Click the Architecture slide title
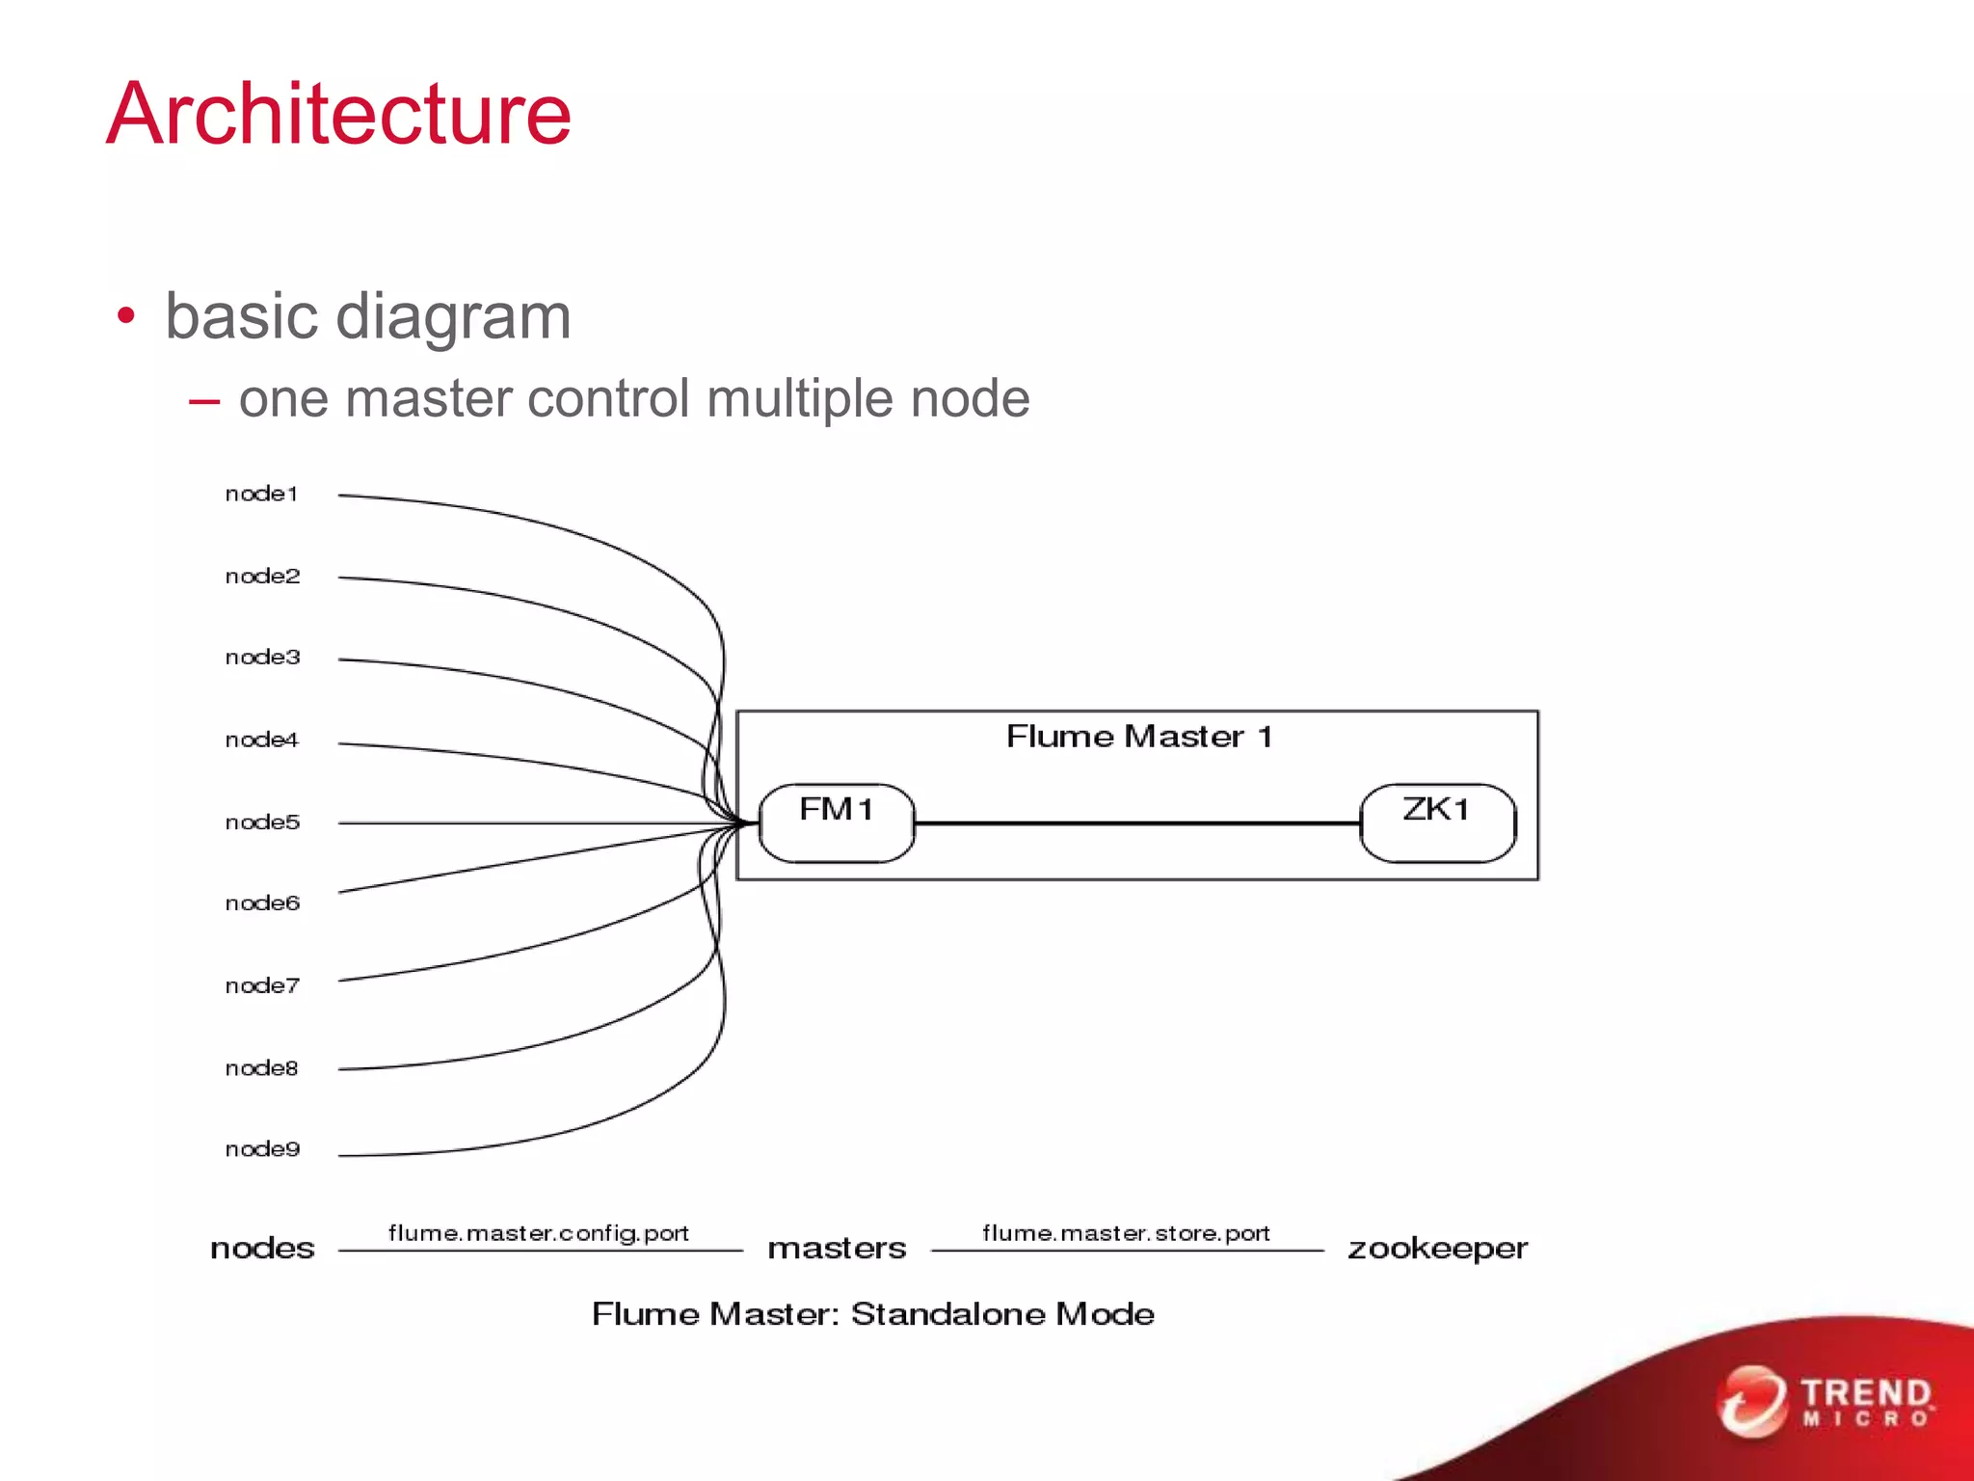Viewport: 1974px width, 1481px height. coord(338,115)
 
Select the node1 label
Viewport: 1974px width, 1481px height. coord(261,494)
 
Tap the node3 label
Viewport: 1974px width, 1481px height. coord(262,658)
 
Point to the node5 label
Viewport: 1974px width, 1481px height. coord(262,822)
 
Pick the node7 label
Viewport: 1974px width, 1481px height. coord(262,985)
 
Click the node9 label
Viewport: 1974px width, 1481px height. coord(262,1149)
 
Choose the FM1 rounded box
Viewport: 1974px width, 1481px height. coord(836,822)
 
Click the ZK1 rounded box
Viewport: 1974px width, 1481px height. coord(1437,822)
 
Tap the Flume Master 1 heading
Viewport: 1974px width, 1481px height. coord(1139,738)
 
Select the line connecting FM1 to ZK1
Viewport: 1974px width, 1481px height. coord(1137,823)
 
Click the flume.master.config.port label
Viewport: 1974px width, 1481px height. coord(538,1233)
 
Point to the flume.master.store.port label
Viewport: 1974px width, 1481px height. coord(1126,1233)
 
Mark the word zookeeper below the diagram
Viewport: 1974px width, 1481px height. coord(1437,1249)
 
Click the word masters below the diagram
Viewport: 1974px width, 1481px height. coord(837,1249)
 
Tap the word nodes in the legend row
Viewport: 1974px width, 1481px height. coord(262,1249)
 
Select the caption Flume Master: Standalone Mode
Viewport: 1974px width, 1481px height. coord(872,1314)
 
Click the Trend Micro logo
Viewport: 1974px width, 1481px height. coord(1827,1402)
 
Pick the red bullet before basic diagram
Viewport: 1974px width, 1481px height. coord(125,316)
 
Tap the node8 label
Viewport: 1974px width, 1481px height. coord(261,1068)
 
